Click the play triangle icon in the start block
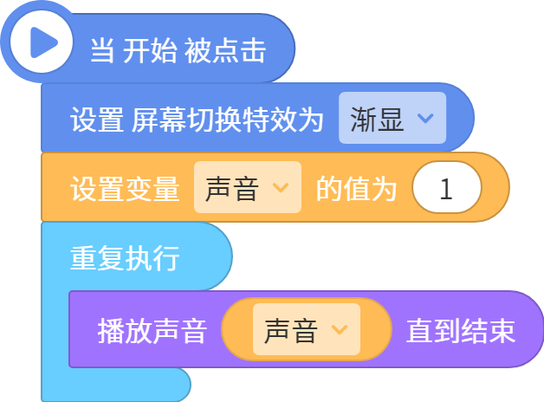(x=42, y=42)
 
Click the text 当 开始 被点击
(x=178, y=50)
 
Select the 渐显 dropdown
(x=392, y=118)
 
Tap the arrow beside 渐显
(x=425, y=119)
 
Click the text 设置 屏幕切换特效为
(x=197, y=120)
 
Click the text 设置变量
(x=125, y=189)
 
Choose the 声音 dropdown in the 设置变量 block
(x=248, y=187)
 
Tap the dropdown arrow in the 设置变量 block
(x=281, y=188)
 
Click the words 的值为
(x=356, y=189)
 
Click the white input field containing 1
(x=446, y=187)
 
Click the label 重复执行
(x=125, y=258)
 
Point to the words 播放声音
(x=152, y=331)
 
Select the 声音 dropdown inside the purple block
(x=307, y=329)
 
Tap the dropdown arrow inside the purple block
(x=340, y=330)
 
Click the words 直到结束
(x=461, y=331)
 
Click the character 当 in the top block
(x=101, y=50)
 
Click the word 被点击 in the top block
(x=225, y=50)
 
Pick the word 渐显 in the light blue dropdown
(x=377, y=120)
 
